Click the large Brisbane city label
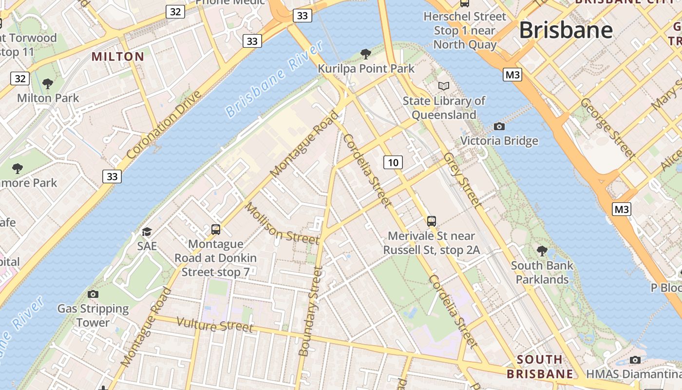(x=566, y=30)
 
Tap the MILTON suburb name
(x=118, y=57)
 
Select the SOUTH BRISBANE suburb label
(x=540, y=367)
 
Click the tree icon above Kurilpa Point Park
(x=365, y=54)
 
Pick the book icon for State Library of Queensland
(x=443, y=86)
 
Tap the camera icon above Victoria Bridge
(x=499, y=127)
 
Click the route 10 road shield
(x=393, y=162)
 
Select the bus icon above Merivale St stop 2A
(x=432, y=221)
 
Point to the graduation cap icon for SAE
(x=147, y=232)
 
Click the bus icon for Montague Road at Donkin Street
(x=215, y=229)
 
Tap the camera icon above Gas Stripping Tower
(x=93, y=294)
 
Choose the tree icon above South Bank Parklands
(x=542, y=251)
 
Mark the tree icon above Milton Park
(x=48, y=84)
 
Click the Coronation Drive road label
(x=163, y=125)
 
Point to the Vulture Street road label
(x=215, y=325)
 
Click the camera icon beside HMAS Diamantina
(x=635, y=360)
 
